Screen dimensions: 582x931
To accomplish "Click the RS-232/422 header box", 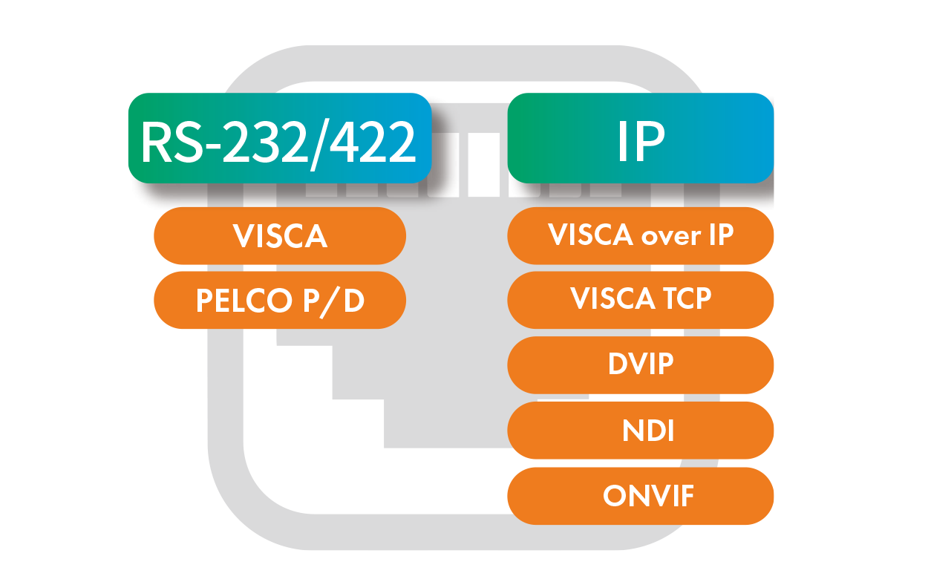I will click(x=279, y=138).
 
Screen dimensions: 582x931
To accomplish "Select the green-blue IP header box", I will click(x=640, y=138).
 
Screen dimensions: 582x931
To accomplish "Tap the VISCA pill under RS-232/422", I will click(x=280, y=236).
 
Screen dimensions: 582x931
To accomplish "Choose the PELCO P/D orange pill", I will click(x=280, y=301).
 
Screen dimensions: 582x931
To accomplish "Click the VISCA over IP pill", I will click(x=640, y=235).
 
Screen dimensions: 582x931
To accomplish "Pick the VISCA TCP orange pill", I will click(x=640, y=300).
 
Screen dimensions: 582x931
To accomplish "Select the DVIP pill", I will click(x=640, y=365).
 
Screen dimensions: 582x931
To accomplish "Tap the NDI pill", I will click(x=640, y=431).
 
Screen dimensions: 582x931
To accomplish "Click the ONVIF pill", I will click(x=640, y=496).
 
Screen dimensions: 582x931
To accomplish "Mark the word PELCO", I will click(x=245, y=301).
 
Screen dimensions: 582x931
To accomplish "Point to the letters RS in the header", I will click(x=168, y=143).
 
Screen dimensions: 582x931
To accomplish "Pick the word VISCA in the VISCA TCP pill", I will click(x=610, y=299).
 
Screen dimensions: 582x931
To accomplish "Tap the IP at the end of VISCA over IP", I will click(x=719, y=235).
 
